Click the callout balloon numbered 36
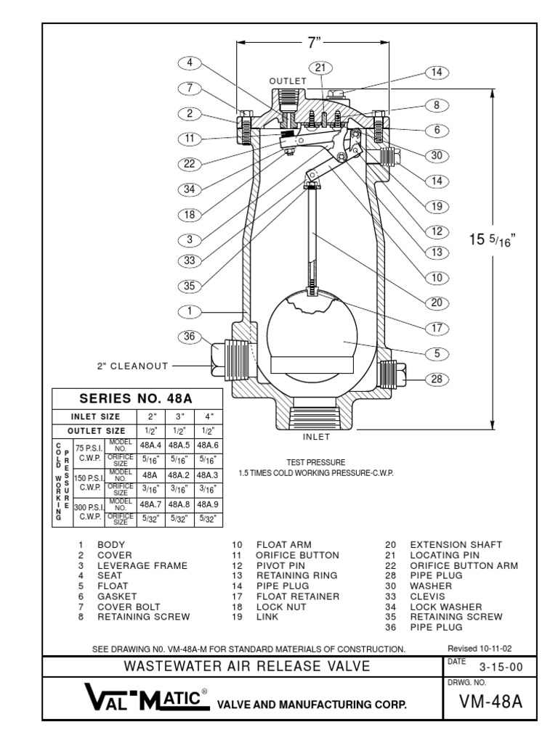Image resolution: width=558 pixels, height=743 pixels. [x=190, y=335]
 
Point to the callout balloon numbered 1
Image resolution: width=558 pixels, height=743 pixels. [x=190, y=311]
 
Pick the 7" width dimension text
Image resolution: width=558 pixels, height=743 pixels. [x=314, y=43]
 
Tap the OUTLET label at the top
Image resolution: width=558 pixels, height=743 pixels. [x=289, y=81]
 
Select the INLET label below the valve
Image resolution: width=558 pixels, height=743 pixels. [x=316, y=437]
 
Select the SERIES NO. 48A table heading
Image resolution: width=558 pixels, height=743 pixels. [x=137, y=398]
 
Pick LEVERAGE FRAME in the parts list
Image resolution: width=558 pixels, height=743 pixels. [x=142, y=565]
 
